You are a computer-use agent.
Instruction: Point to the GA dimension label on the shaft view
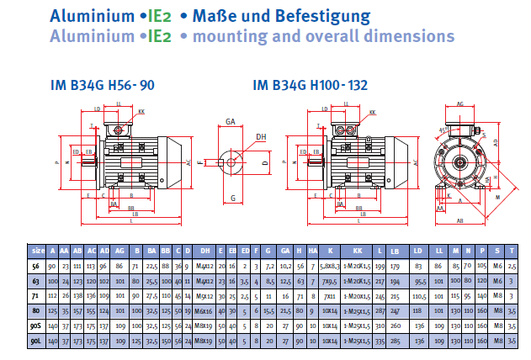click(230, 122)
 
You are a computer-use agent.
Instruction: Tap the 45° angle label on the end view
click(442, 130)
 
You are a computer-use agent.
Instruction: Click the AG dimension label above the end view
click(460, 103)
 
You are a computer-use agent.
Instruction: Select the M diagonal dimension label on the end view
click(498, 197)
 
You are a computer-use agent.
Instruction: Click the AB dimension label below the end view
click(460, 220)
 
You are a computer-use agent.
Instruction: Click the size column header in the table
click(39, 251)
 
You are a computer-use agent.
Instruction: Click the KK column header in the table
click(358, 251)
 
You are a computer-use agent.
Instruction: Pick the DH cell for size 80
click(204, 311)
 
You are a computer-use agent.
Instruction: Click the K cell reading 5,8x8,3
click(330, 266)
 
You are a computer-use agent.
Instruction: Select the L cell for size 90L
click(379, 341)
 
